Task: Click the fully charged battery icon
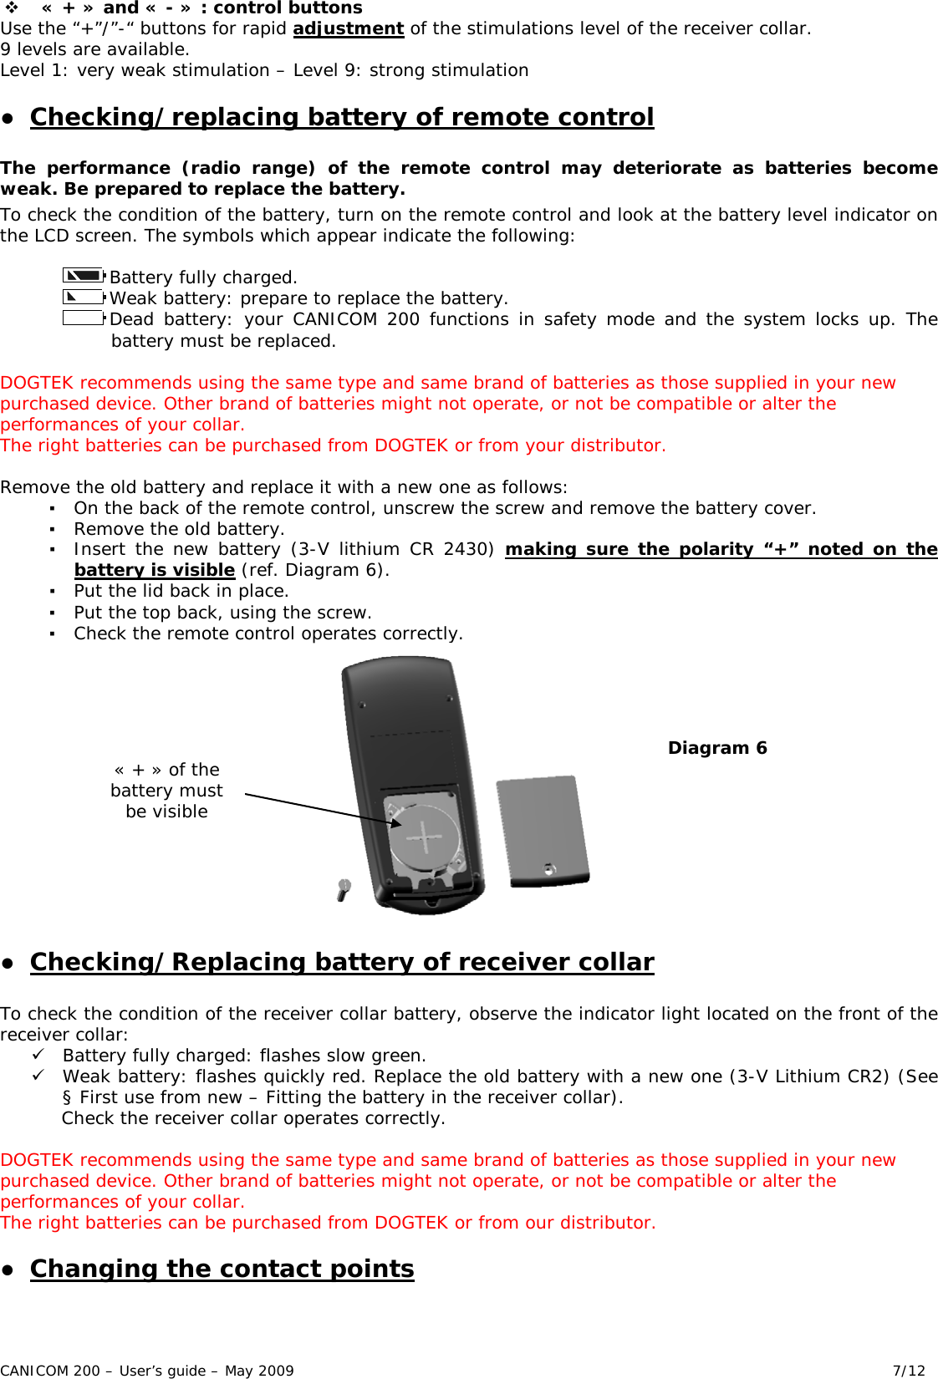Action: click(x=84, y=275)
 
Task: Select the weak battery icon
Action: click(x=84, y=296)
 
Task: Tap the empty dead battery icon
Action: click(x=84, y=318)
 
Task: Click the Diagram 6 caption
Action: click(x=717, y=748)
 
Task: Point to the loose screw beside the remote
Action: click(x=343, y=889)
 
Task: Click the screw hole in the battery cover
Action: click(x=548, y=869)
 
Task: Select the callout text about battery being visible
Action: click(x=166, y=791)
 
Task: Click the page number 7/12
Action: click(x=909, y=1371)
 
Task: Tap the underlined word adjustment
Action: click(x=349, y=28)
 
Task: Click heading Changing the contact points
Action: click(x=222, y=1269)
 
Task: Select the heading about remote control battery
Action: click(x=342, y=117)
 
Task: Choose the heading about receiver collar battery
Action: click(x=342, y=962)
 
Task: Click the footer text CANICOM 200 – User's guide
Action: click(x=147, y=1371)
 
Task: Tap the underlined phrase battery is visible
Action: click(x=155, y=570)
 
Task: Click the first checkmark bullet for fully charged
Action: click(x=38, y=1055)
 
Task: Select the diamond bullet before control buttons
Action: click(x=12, y=8)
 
